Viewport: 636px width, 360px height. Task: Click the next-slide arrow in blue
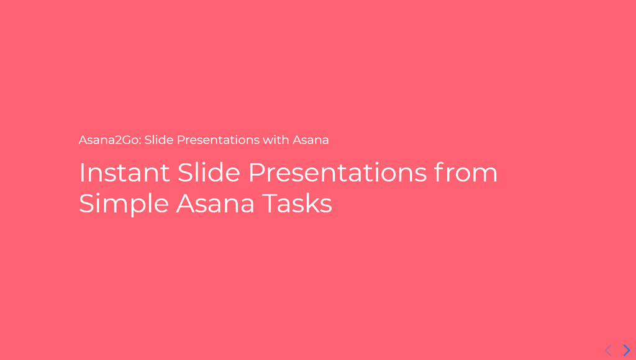(x=627, y=350)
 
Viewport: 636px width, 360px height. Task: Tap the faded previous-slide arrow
(x=608, y=350)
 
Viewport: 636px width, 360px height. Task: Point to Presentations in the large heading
(x=337, y=173)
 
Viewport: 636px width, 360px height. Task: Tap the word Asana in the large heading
(x=215, y=204)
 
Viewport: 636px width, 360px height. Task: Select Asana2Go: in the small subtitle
(x=110, y=140)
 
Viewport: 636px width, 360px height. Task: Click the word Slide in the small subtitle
(x=158, y=140)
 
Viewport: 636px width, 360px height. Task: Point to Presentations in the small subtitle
(x=218, y=140)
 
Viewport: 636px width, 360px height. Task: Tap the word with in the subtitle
(x=276, y=140)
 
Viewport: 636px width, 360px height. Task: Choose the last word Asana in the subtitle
(x=311, y=140)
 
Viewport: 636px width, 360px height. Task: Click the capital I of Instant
(x=81, y=173)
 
